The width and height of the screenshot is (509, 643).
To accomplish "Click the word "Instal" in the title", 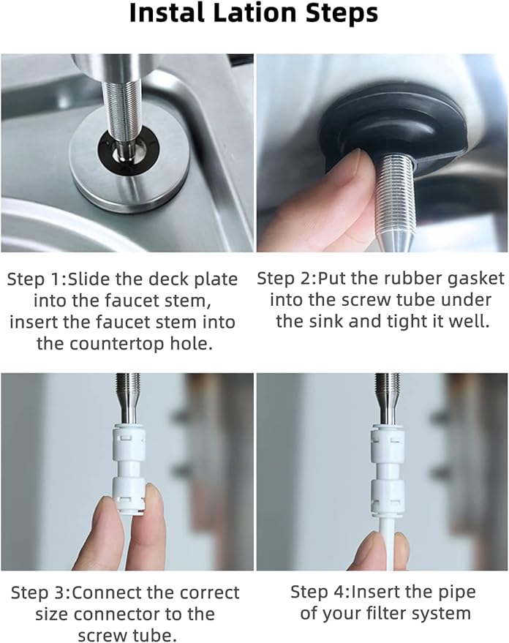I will (x=167, y=14).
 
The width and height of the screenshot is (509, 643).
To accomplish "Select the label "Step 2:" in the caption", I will (x=287, y=279).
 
